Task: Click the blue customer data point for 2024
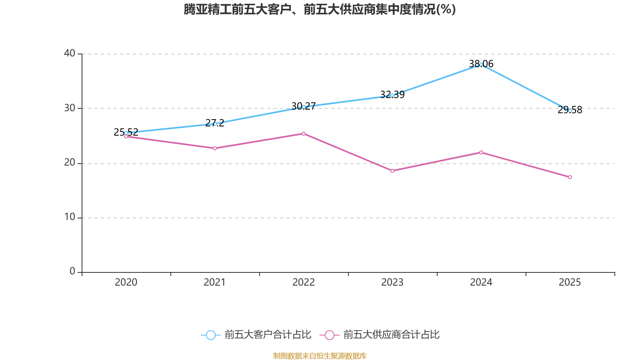(481, 64)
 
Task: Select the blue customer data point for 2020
(126, 133)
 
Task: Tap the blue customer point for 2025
(570, 110)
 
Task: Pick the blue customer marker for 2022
(304, 107)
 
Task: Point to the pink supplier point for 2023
(392, 171)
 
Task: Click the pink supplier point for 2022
(304, 134)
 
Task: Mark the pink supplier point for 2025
(570, 177)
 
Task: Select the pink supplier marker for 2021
(215, 148)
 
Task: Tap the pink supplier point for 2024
(481, 152)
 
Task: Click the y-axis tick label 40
(70, 53)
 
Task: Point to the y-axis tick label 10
(70, 217)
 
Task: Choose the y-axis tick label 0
(72, 272)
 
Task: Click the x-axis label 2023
(392, 282)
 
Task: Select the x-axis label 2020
(126, 282)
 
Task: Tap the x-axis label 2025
(570, 282)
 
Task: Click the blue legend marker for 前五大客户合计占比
(210, 335)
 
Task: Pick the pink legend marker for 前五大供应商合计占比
(329, 335)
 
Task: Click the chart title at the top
(320, 9)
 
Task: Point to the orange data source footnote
(320, 356)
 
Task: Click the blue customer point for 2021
(215, 124)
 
